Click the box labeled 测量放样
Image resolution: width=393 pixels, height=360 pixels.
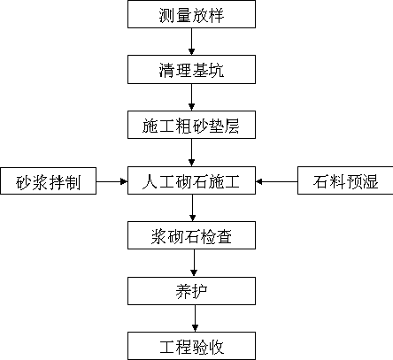pyautogui.click(x=191, y=14)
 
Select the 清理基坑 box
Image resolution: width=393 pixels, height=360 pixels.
pyautogui.click(x=191, y=69)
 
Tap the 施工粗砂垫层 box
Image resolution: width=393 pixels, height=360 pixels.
pyautogui.click(x=191, y=125)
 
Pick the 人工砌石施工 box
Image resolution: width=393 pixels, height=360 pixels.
pyautogui.click(x=191, y=180)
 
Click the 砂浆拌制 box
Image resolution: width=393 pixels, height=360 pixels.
pyautogui.click(x=49, y=181)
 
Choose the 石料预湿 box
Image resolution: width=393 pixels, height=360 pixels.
pyautogui.click(x=345, y=180)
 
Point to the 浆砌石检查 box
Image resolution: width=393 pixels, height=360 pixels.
pyautogui.click(x=191, y=235)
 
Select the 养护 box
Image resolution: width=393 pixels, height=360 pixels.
pyautogui.click(x=191, y=291)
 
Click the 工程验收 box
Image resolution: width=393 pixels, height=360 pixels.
pyautogui.click(x=191, y=346)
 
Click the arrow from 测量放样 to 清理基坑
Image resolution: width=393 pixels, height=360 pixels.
pyautogui.click(x=191, y=42)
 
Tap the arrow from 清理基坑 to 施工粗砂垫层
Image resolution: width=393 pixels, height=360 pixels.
pyautogui.click(x=191, y=97)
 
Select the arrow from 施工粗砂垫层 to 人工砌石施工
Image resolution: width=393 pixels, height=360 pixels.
pyautogui.click(x=191, y=152)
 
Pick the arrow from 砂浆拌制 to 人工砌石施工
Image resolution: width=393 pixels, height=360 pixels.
pyautogui.click(x=112, y=181)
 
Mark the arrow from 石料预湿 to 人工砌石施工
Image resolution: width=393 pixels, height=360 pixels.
pyautogui.click(x=276, y=181)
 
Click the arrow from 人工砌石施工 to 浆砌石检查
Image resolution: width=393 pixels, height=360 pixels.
pyautogui.click(x=193, y=208)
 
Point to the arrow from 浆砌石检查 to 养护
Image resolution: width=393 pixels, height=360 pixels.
pyautogui.click(x=194, y=264)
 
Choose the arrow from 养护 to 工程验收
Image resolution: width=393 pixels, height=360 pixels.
pyautogui.click(x=195, y=318)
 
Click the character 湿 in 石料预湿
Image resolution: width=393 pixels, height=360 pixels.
pyautogui.click(x=370, y=181)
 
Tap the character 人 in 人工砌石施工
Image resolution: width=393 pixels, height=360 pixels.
pyautogui.click(x=150, y=181)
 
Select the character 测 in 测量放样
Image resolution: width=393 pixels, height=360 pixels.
pyautogui.click(x=167, y=15)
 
